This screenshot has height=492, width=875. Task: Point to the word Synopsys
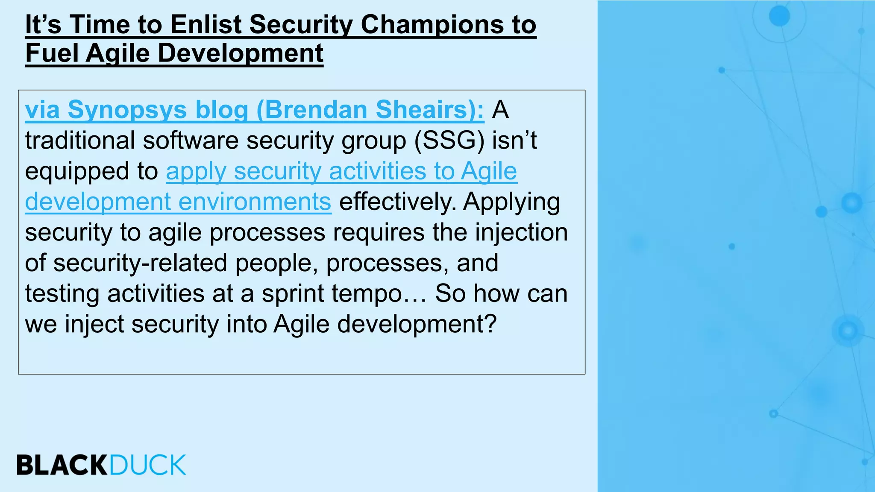coord(127,111)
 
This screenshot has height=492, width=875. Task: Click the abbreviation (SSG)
coord(449,141)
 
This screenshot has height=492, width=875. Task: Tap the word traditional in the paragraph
coord(80,141)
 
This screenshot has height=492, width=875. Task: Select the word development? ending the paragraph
coord(417,325)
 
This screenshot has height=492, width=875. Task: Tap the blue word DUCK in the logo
coord(148,465)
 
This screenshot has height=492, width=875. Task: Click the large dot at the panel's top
coord(779,16)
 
